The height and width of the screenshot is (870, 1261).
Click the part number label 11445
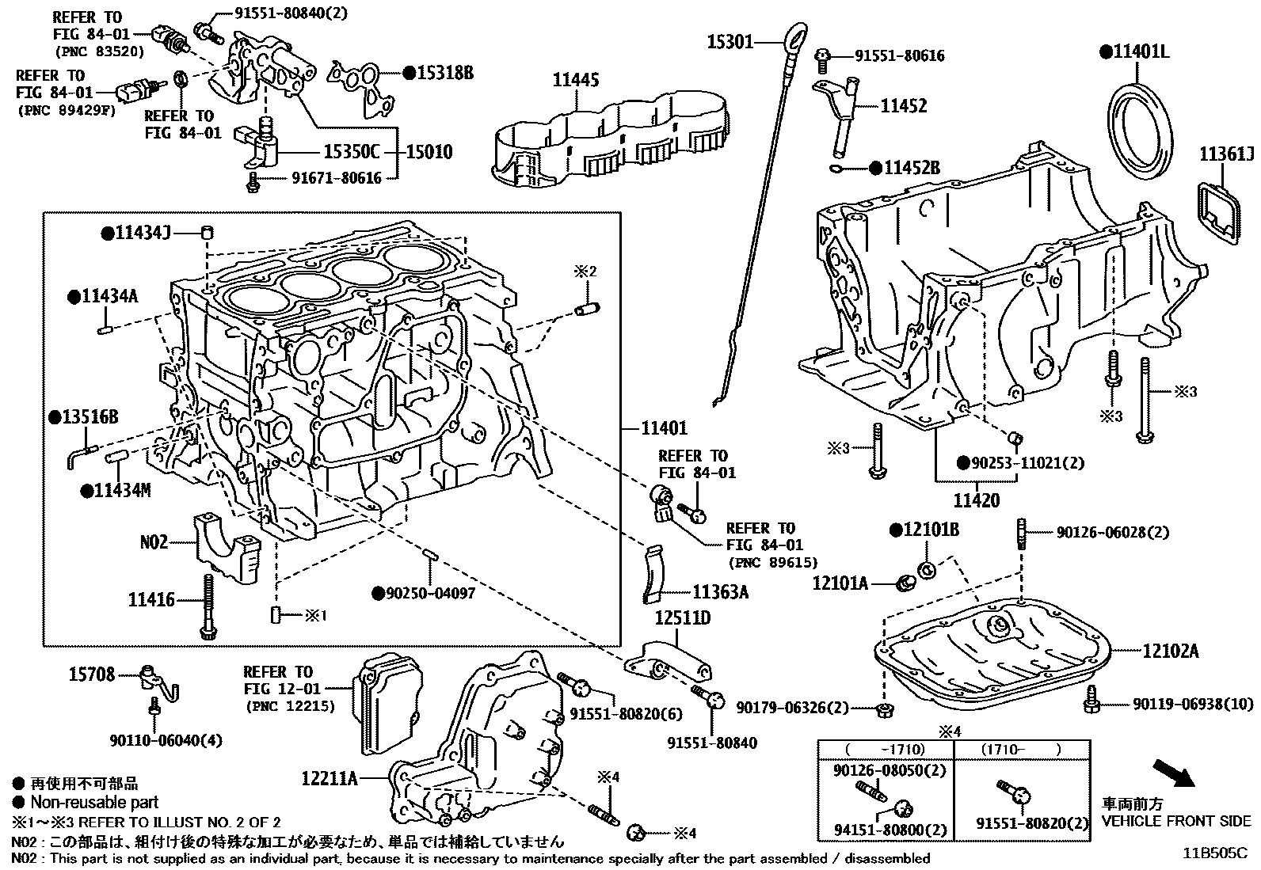[x=576, y=80]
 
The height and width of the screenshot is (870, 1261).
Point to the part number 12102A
[x=1171, y=651]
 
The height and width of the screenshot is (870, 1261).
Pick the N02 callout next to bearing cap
[x=154, y=542]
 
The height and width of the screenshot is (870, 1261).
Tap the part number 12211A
[x=329, y=779]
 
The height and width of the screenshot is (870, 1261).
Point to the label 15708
[x=92, y=674]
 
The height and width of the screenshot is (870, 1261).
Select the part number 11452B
[x=912, y=168]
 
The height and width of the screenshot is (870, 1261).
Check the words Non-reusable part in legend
[x=95, y=802]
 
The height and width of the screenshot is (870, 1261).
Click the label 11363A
[x=720, y=591]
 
